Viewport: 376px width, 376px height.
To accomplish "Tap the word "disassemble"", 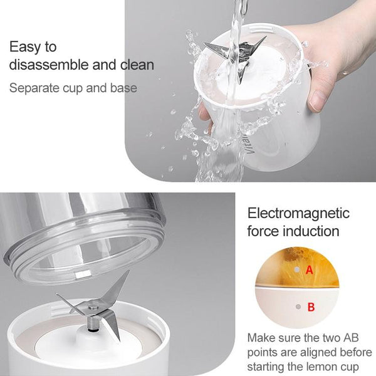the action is (49, 65).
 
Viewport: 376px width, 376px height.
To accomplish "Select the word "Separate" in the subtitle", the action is (34, 88).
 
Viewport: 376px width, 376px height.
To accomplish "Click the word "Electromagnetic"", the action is (298, 214).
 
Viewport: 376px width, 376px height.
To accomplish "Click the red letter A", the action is (310, 270).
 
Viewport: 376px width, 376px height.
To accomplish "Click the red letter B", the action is (311, 306).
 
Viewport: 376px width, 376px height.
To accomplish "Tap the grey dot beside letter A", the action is (297, 269).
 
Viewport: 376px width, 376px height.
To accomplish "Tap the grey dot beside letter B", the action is (298, 306).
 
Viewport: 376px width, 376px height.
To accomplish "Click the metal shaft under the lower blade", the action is (93, 323).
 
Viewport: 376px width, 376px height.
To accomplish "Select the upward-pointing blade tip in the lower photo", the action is (128, 272).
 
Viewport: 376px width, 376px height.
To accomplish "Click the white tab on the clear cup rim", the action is (83, 275).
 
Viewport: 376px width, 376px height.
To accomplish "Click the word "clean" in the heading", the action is (137, 65).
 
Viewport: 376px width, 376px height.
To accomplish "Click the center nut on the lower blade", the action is (93, 306).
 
